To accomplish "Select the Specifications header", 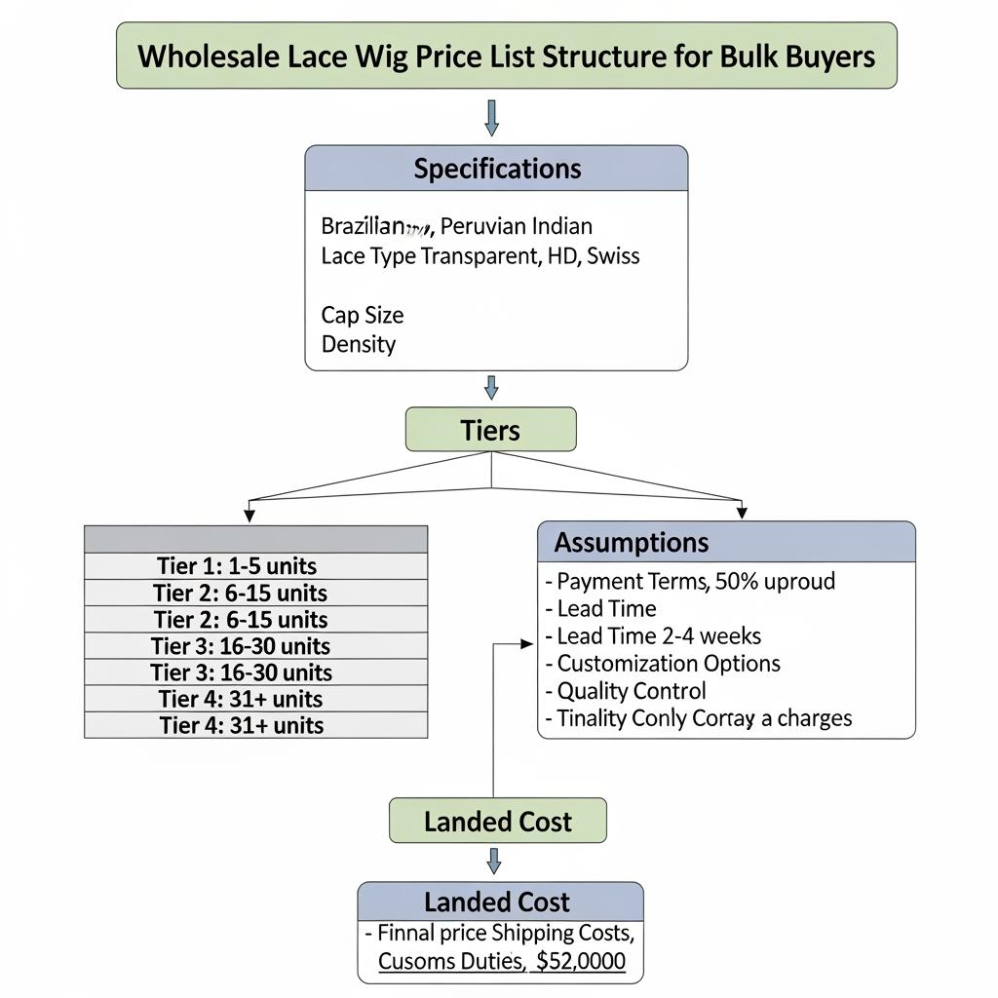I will [x=497, y=169].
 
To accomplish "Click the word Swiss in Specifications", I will [x=614, y=256].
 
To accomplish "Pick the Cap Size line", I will [x=362, y=315].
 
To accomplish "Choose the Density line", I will [x=358, y=344].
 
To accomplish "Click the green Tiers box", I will [x=490, y=430].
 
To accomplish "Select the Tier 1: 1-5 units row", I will [x=255, y=566].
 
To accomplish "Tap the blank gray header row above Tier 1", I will [x=255, y=539].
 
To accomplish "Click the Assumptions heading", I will [x=631, y=542].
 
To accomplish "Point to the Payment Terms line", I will [x=696, y=582].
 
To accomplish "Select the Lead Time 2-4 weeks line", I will [x=659, y=636].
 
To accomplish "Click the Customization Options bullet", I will [x=669, y=664].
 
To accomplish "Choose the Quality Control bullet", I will [x=632, y=691].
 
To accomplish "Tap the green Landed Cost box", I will [x=497, y=822].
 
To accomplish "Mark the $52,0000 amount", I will [x=581, y=962].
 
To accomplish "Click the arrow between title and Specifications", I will [x=491, y=117].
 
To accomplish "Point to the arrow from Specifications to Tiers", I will [x=491, y=388].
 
